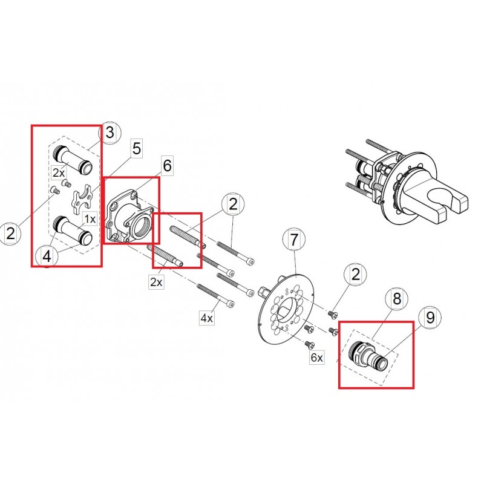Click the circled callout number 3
pos(110,132)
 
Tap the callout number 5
pos(137,148)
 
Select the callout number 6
pos(167,166)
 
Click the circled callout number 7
pos(294,240)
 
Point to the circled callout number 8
pos(397,298)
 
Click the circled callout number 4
pos(47,256)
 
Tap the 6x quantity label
pos(317,357)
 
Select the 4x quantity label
pos(207,317)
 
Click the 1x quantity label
pos(90,219)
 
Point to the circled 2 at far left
pos(10,234)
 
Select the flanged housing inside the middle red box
pos(129,217)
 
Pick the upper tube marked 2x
pos(73,160)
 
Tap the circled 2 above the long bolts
pos(233,204)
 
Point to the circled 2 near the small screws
pos(356,274)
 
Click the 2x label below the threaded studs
pos(156,282)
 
